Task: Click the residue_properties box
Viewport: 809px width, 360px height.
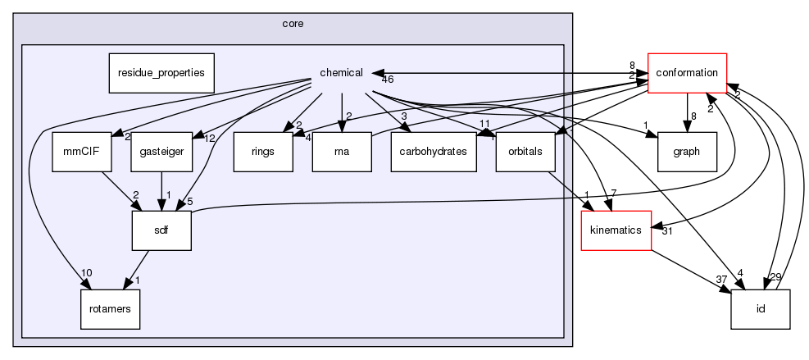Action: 161,73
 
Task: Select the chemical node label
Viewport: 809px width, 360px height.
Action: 341,73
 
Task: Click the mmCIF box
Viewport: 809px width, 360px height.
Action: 75,151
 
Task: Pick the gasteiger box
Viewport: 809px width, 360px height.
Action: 155,151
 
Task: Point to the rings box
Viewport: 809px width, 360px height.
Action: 263,151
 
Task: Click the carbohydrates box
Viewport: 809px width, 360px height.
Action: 434,151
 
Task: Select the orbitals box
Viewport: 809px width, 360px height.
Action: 525,151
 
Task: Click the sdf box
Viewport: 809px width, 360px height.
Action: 161,230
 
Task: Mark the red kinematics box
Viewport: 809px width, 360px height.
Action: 616,230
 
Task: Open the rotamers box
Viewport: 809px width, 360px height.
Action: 110,309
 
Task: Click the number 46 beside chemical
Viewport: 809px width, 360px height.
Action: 388,80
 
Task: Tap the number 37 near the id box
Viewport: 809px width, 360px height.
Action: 722,280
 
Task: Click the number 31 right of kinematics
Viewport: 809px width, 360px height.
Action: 666,231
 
